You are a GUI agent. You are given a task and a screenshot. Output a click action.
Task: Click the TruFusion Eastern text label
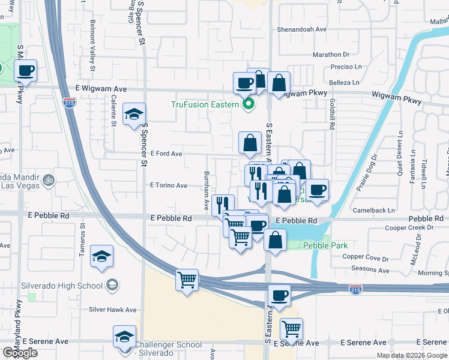tap(205, 104)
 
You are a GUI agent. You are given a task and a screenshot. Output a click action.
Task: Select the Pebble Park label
tap(325, 245)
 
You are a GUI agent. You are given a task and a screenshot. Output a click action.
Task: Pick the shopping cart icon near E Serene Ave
tap(291, 328)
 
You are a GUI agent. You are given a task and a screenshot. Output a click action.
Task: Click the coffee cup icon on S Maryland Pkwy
tap(26, 70)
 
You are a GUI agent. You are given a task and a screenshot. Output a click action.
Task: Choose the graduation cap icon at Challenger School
tap(124, 336)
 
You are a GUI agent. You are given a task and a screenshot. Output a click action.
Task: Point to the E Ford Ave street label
tap(166, 154)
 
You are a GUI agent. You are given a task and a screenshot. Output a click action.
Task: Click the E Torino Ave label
tap(169, 186)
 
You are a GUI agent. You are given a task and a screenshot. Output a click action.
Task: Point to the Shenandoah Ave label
tap(301, 29)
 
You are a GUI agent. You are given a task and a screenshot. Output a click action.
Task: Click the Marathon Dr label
tap(331, 55)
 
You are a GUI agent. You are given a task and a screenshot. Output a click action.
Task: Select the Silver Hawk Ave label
tap(113, 310)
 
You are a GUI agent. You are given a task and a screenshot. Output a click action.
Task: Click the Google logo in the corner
tap(20, 353)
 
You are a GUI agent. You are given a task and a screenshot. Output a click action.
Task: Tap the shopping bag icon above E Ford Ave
tap(250, 143)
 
